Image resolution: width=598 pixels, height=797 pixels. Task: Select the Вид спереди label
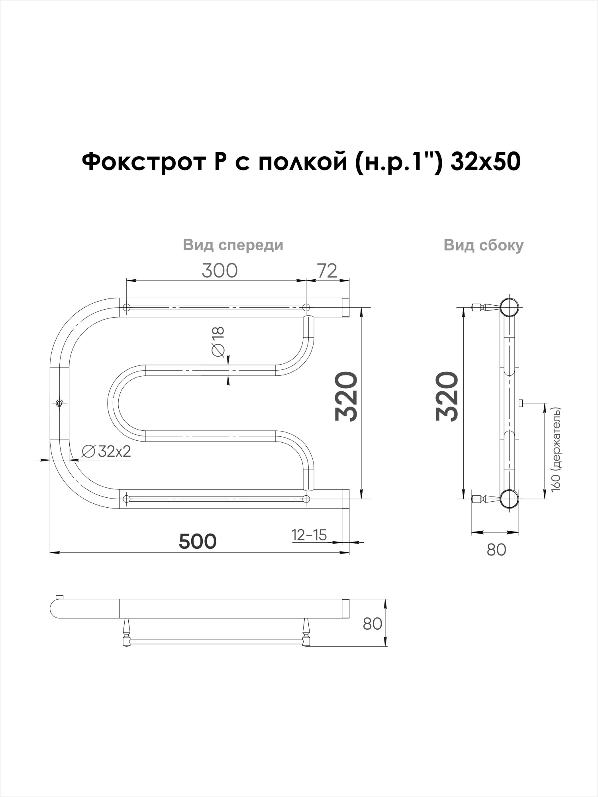(x=233, y=245)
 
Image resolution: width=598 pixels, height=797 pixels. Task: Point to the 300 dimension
(x=220, y=271)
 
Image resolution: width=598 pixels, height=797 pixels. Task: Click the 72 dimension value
(x=327, y=271)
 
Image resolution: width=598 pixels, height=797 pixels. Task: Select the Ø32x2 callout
(x=106, y=452)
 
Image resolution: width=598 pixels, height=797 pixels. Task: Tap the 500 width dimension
(x=198, y=542)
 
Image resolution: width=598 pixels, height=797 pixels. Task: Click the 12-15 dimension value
(x=309, y=535)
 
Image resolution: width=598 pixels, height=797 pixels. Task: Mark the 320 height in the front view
(x=346, y=397)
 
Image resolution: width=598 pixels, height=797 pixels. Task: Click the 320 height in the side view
(x=447, y=397)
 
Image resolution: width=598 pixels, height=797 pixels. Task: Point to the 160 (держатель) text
(x=556, y=449)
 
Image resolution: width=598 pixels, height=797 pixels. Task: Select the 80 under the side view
(x=496, y=550)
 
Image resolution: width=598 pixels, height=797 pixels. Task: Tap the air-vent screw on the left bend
(x=59, y=403)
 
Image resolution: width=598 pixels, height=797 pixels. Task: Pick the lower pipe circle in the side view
(x=509, y=499)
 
